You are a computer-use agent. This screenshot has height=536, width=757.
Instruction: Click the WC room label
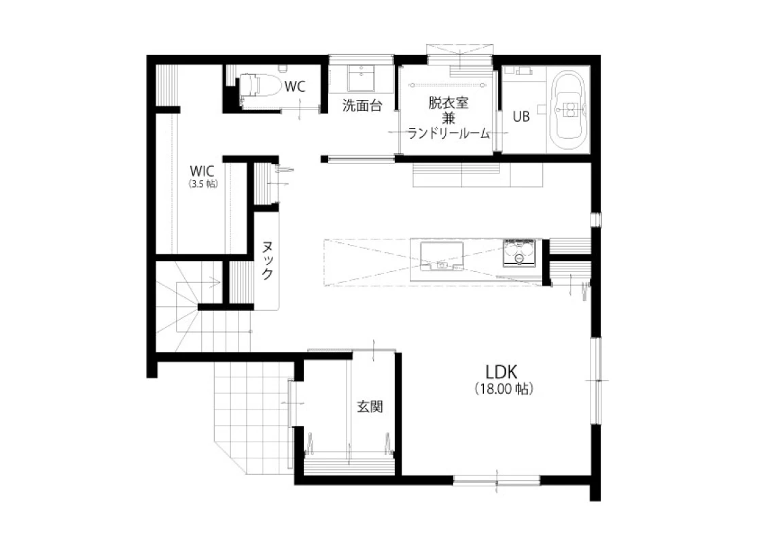tap(294, 86)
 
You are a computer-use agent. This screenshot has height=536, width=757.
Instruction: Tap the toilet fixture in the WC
tap(260, 86)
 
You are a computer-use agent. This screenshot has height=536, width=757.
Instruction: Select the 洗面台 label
tap(362, 105)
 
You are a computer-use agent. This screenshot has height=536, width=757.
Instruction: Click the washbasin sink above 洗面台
tap(362, 78)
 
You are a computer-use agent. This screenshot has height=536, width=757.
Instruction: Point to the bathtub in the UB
tap(570, 112)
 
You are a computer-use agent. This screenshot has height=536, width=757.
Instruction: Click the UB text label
tap(521, 116)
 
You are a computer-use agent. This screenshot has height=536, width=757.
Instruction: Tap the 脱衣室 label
tap(448, 103)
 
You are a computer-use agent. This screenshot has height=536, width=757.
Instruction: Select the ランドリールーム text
tap(448, 133)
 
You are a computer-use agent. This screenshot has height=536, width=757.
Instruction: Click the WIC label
tap(202, 171)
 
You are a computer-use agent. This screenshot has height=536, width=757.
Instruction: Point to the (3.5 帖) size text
tap(203, 184)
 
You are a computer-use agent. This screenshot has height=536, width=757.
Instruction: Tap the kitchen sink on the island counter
tap(441, 256)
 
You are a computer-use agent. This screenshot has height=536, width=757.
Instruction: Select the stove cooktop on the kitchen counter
tap(519, 253)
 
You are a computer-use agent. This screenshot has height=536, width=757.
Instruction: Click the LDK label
tap(501, 372)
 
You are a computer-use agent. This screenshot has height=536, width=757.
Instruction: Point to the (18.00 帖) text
tap(504, 389)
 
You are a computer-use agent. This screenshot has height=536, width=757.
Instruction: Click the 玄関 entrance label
tap(370, 407)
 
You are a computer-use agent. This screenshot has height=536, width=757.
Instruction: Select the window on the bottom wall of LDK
tap(496, 480)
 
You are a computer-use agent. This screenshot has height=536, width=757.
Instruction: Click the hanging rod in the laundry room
tap(446, 85)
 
